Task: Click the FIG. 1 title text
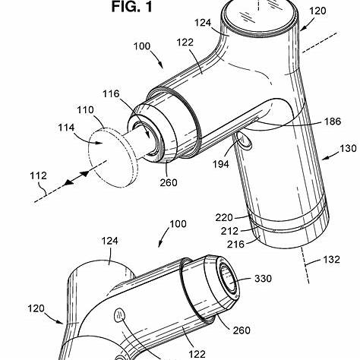pos(132,7)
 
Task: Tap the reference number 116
pos(111,94)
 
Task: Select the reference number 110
pos(86,110)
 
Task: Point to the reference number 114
pos(66,128)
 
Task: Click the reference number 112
pos(38,175)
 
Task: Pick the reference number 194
pos(221,164)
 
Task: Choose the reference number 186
pos(333,122)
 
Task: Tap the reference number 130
pos(348,148)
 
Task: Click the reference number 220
pos(224,217)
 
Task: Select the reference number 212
pos(229,231)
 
